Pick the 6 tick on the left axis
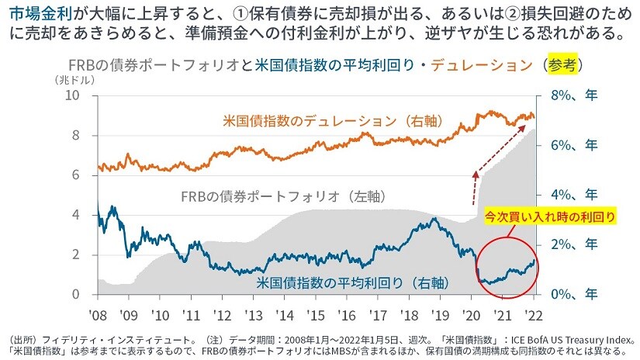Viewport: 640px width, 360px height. [x=77, y=175]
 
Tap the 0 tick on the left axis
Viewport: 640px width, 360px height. [x=77, y=294]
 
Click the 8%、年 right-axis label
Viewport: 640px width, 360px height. [x=569, y=95]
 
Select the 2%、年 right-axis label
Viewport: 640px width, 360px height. [x=569, y=245]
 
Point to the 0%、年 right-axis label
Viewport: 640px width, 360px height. [x=569, y=295]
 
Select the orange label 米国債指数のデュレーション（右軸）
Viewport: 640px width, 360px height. [x=333, y=122]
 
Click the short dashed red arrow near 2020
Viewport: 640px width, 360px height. [x=474, y=185]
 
